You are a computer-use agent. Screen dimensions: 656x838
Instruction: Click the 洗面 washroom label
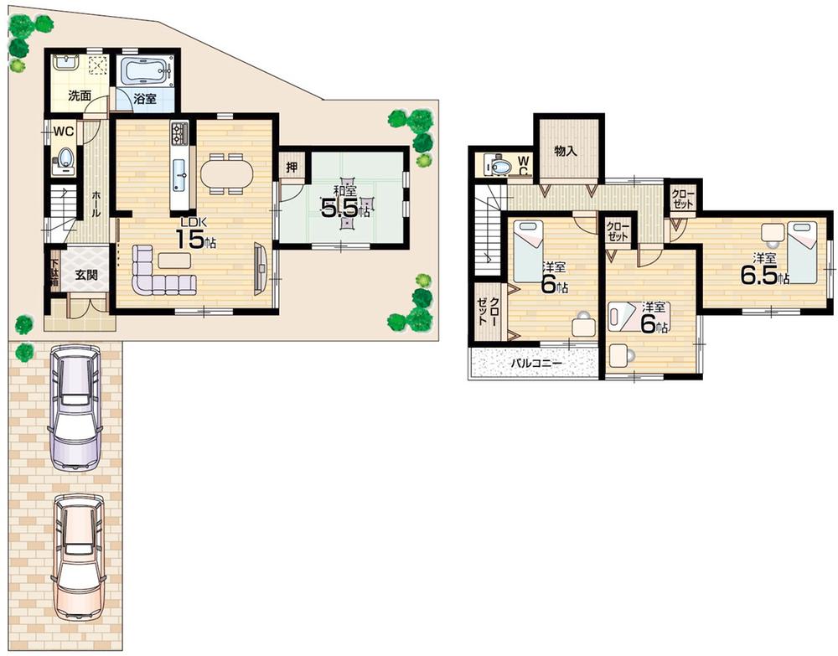coord(80,96)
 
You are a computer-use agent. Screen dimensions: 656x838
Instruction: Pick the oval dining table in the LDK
coord(225,174)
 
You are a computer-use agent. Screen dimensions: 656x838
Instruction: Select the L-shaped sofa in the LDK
coord(159,274)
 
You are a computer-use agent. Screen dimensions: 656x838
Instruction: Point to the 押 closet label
coord(291,166)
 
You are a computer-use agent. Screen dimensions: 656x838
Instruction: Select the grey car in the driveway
coord(75,408)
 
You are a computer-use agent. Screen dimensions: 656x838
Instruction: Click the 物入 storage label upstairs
coord(566,151)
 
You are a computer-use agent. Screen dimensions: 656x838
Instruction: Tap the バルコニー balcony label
coord(537,364)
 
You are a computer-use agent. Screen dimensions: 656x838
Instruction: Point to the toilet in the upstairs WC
coord(501,167)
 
